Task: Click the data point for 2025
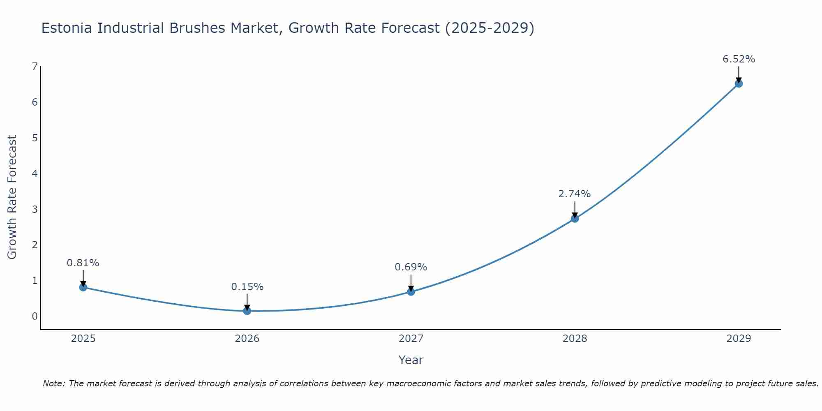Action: (x=83, y=287)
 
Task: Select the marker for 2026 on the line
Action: (x=247, y=311)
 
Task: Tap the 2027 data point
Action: (x=411, y=292)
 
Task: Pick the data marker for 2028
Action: (x=575, y=219)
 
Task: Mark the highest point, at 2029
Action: (x=739, y=84)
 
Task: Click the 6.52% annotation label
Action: (x=739, y=59)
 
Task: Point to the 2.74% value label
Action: (x=574, y=194)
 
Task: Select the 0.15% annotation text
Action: (x=247, y=287)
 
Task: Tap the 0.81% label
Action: (x=83, y=263)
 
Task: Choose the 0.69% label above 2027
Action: (x=411, y=267)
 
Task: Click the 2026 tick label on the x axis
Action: (x=247, y=339)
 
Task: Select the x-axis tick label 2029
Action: (x=739, y=339)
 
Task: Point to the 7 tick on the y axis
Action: (x=35, y=67)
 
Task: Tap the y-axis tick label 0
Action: (x=35, y=316)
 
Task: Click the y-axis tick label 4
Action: (x=35, y=173)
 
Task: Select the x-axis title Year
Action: (x=411, y=360)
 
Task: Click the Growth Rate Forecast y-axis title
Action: (x=12, y=197)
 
